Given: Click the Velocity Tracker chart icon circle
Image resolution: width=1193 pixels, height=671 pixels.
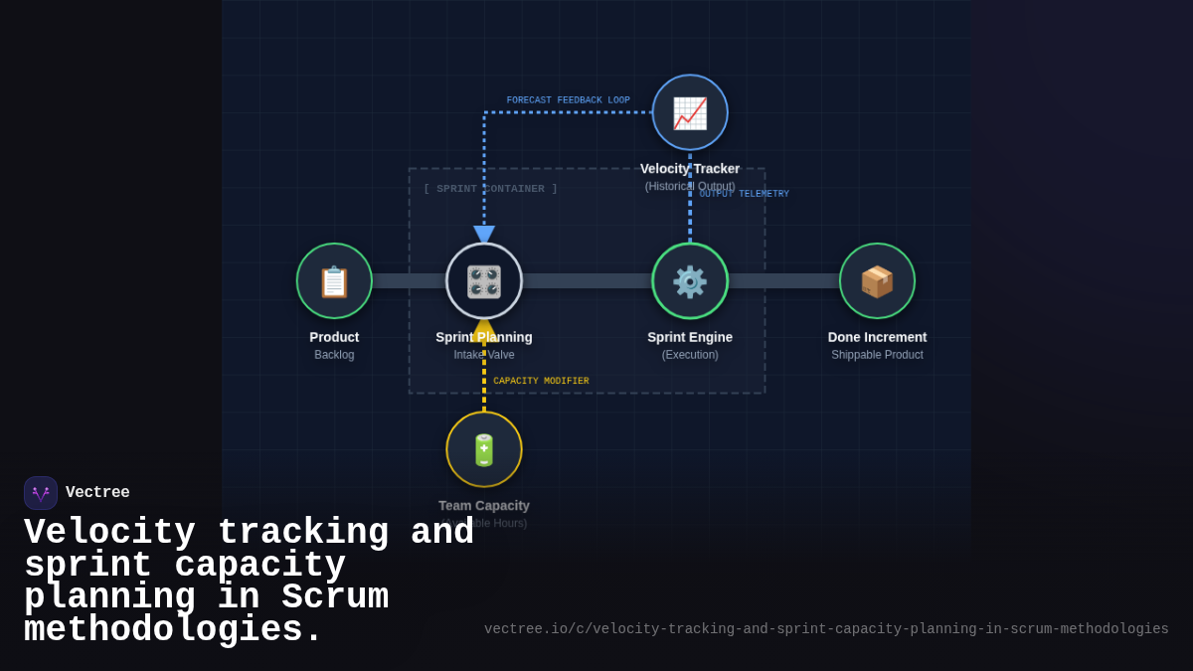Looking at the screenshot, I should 690,112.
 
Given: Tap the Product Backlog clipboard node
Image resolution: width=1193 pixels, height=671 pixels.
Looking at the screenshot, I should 334,281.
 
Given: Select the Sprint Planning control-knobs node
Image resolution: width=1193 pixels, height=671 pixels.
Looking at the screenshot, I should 484,281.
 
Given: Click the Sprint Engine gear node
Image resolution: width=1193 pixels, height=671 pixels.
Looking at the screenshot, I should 690,281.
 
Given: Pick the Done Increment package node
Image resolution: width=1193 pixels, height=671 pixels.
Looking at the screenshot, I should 877,281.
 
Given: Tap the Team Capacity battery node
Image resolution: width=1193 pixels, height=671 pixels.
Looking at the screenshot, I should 484,449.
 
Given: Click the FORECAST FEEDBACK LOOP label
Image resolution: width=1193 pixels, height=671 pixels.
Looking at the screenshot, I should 568,100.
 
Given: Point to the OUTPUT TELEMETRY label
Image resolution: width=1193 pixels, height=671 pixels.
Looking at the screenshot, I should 744,194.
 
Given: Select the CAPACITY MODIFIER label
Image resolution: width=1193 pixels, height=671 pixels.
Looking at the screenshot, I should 541,381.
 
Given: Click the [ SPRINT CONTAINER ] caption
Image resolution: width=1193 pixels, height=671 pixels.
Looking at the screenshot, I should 490,189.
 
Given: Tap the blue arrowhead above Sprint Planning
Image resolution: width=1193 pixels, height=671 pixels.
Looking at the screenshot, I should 484,235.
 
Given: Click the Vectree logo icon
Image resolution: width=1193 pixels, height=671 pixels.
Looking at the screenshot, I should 41,493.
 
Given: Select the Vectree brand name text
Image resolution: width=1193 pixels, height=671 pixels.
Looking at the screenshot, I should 97,493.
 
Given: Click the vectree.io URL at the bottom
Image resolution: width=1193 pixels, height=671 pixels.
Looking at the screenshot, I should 826,629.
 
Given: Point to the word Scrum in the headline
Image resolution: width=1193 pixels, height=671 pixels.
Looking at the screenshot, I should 334,597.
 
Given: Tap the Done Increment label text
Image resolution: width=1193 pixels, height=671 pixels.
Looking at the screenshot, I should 877,337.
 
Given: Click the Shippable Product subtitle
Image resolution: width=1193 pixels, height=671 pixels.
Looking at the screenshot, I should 877,355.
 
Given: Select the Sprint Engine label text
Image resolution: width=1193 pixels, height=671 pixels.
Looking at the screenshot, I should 690,337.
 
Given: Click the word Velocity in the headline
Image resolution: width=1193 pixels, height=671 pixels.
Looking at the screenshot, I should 109,533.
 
